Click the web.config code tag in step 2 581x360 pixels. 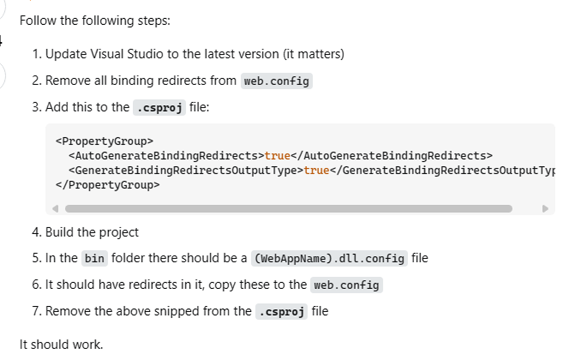(x=277, y=81)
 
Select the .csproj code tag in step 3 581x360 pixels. (x=159, y=108)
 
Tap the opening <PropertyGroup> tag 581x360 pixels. (x=104, y=141)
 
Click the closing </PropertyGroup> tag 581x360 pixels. (x=108, y=184)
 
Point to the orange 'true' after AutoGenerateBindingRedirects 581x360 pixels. (x=277, y=156)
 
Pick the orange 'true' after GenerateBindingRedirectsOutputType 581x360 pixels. (x=317, y=170)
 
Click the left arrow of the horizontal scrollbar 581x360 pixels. (x=55, y=209)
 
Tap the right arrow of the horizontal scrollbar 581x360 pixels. (x=545, y=209)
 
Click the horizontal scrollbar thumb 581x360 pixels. (x=289, y=209)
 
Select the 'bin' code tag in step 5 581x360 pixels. (x=94, y=258)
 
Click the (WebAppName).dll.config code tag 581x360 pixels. (x=329, y=258)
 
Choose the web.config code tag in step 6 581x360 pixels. (x=346, y=285)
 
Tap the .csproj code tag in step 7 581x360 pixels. (x=281, y=311)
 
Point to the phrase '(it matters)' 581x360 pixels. (x=313, y=54)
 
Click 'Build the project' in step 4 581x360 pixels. (x=92, y=233)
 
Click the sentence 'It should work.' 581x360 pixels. (x=61, y=345)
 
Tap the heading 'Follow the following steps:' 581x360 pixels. (x=95, y=21)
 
